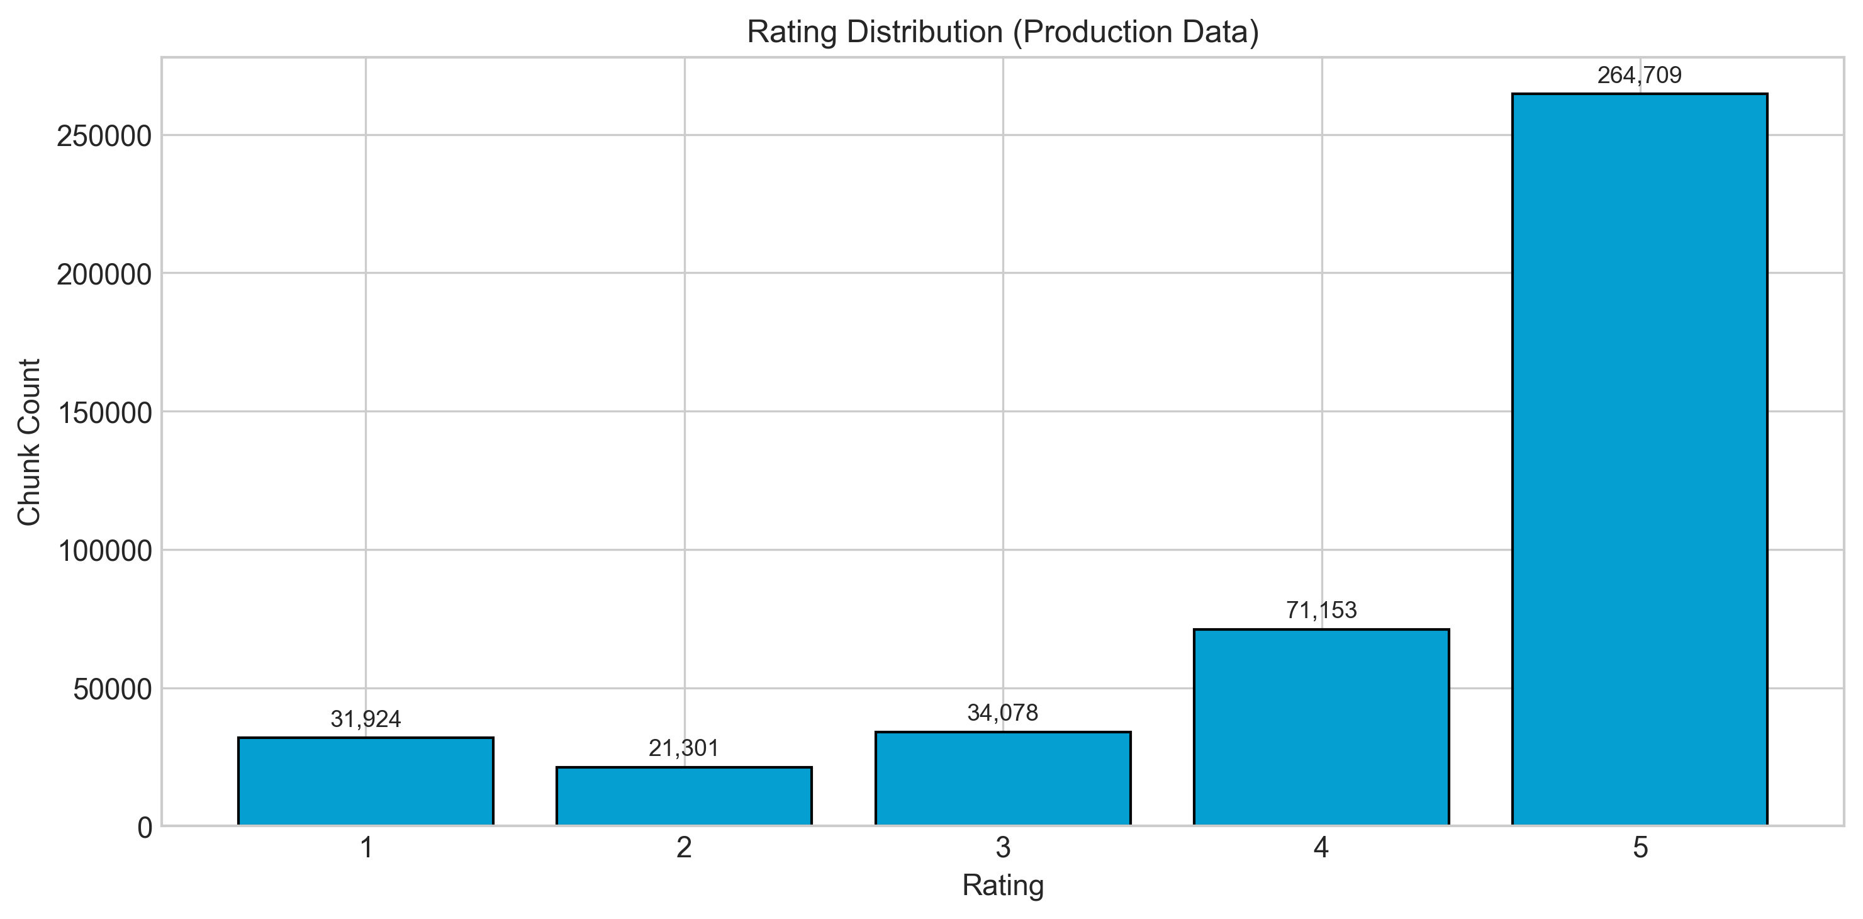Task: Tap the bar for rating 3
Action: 1002,778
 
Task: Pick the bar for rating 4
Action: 1321,726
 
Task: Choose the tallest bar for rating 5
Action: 1640,459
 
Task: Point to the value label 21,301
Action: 683,749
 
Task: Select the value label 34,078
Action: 1002,714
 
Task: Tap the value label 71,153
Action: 1321,611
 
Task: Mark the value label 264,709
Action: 1640,76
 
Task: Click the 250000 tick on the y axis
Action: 104,136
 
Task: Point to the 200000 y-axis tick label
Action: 104,274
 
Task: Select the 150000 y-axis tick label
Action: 104,412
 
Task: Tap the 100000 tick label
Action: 104,551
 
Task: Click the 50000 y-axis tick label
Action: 112,690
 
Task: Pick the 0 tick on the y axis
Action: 145,828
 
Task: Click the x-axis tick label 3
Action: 1002,848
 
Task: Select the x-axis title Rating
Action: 1002,886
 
